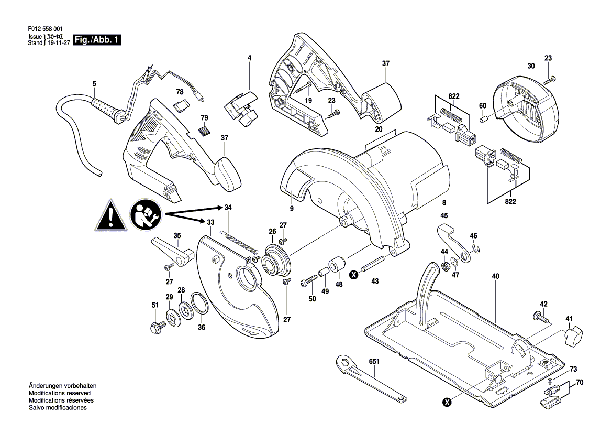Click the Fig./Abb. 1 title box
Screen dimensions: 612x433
(97, 39)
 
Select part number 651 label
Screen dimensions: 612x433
(374, 362)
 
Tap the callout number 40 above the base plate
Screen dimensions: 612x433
(495, 276)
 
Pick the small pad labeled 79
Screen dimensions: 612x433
(204, 131)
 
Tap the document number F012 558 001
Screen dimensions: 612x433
(45, 29)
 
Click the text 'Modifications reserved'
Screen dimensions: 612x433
(59, 393)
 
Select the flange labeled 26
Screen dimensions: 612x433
(277, 262)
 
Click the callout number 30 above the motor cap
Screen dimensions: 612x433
(531, 67)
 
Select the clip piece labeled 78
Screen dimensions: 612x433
(182, 105)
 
